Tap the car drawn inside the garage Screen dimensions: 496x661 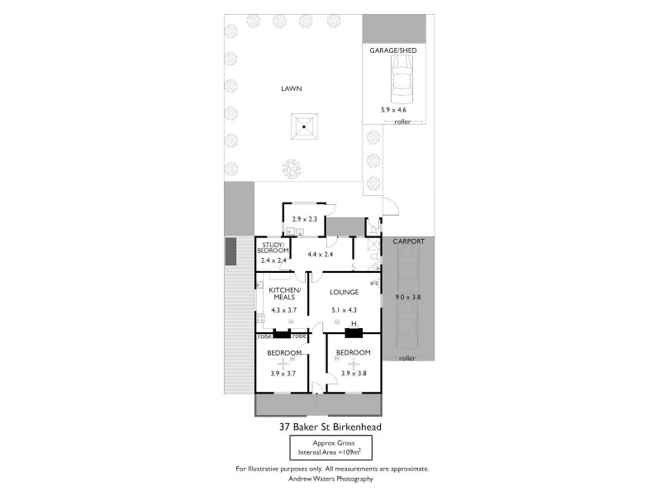[400, 80]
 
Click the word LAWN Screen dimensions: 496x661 [290, 88]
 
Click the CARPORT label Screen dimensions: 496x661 [409, 241]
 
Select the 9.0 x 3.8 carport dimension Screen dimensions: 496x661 [407, 297]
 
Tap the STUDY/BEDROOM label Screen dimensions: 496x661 [273, 248]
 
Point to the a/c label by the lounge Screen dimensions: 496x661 [373, 284]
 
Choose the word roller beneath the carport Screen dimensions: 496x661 [407, 358]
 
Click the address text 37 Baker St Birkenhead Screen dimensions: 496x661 [330, 427]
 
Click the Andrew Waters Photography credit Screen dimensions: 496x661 [330, 479]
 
